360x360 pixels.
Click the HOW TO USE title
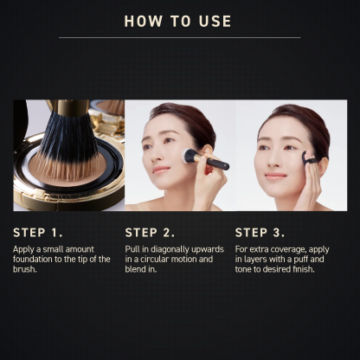click(177, 21)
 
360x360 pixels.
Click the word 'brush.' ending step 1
click(26, 269)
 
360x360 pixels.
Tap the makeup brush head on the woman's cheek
click(190, 156)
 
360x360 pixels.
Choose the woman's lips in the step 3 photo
click(275, 176)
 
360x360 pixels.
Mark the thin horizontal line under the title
click(179, 37)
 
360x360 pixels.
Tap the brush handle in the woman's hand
click(215, 163)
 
